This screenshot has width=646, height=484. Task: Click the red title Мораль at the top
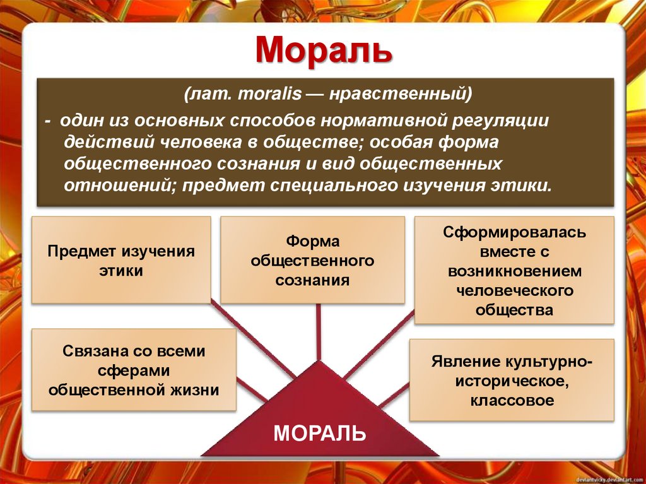pos(323,50)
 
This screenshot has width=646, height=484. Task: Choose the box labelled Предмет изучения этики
pos(121,261)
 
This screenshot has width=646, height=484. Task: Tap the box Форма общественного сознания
pos(312,261)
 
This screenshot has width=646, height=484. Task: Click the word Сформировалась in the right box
pos(514,232)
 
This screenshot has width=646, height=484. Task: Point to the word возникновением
pos(514,271)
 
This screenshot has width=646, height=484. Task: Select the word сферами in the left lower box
pos(134,370)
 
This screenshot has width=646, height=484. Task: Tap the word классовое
pos(512,400)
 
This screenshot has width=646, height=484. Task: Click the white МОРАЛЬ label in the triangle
pos(319,434)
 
